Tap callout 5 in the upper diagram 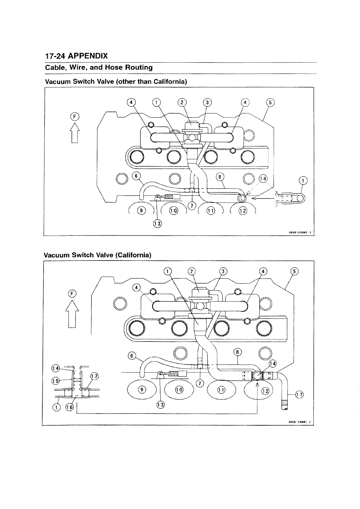tap(270, 103)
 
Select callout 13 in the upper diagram tap(157, 223)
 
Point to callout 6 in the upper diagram tap(136, 176)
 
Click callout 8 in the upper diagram tap(220, 177)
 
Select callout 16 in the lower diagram tap(70, 407)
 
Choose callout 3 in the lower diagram tap(223, 271)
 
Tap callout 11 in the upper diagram tap(210, 211)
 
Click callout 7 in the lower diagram tap(199, 384)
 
